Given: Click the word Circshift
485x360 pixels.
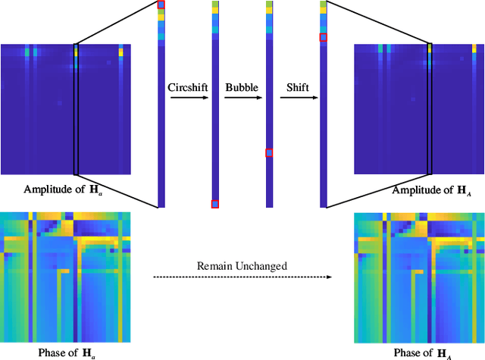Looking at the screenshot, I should (x=187, y=87).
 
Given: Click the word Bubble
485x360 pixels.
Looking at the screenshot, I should (x=242, y=87).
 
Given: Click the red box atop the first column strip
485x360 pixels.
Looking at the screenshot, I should (x=161, y=5).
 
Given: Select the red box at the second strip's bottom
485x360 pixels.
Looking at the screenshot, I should (x=215, y=203).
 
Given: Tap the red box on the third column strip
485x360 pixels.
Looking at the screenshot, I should (x=269, y=153).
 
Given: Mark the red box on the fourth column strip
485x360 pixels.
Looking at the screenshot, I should (x=324, y=37).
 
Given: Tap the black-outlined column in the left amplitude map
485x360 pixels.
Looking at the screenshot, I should (x=76, y=108).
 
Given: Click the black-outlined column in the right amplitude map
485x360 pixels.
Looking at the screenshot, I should (x=430, y=108).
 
